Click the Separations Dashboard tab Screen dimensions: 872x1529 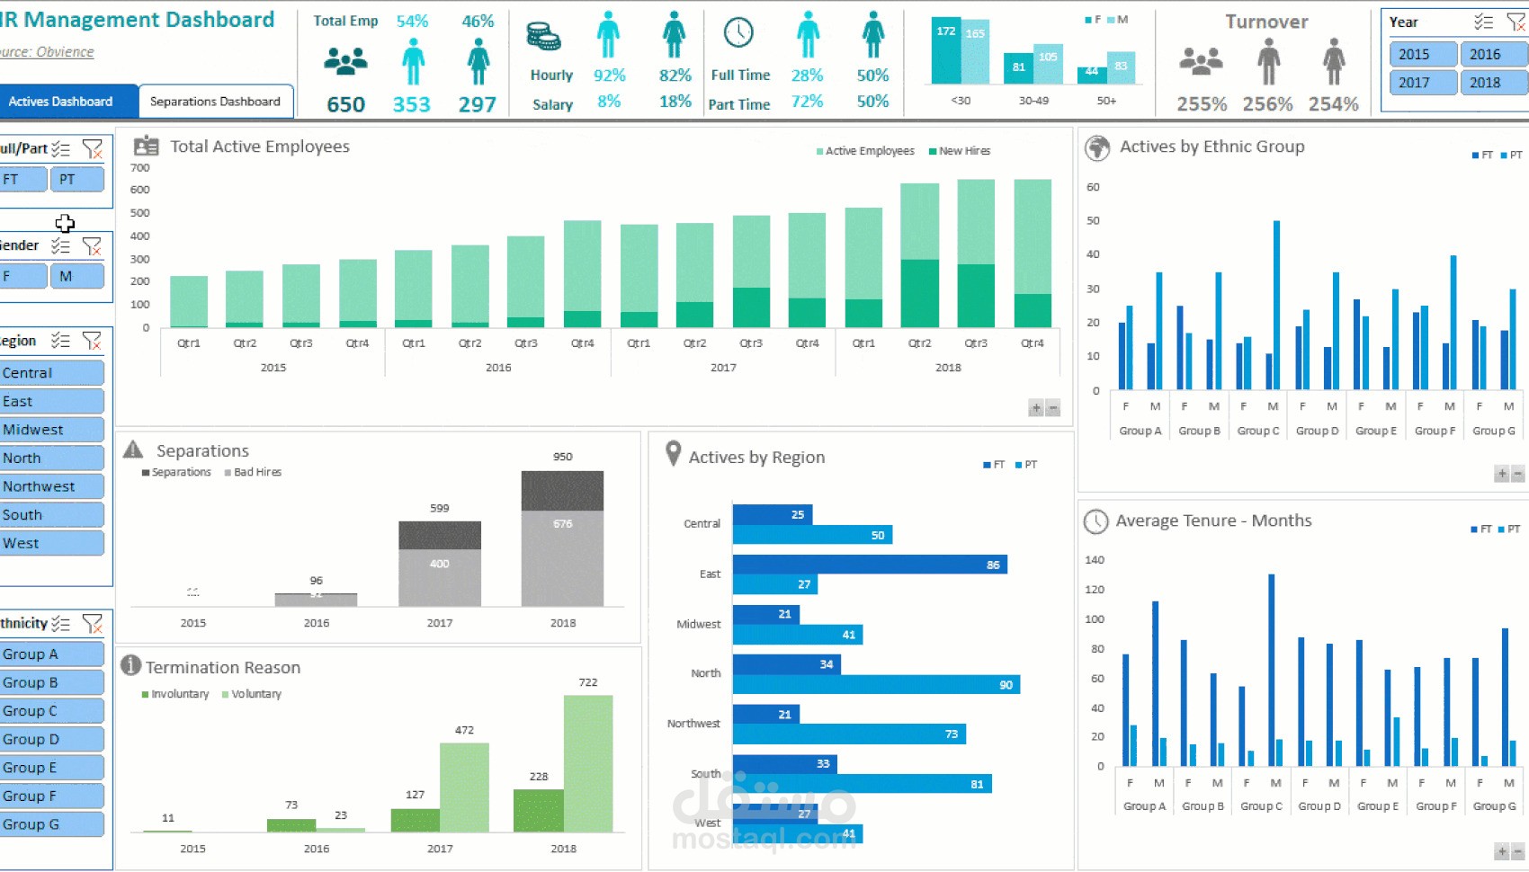(215, 102)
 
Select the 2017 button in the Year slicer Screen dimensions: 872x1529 (1421, 83)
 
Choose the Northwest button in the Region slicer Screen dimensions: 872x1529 (51, 486)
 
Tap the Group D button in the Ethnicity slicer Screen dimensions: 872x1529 (51, 739)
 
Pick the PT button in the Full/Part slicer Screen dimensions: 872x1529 (76, 180)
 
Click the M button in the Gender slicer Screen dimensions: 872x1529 (76, 276)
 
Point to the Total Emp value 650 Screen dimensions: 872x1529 (345, 104)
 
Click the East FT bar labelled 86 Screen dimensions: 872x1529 (869, 565)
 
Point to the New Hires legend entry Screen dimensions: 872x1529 (963, 151)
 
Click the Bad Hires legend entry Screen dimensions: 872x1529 (256, 472)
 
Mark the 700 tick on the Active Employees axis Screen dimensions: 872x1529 (140, 168)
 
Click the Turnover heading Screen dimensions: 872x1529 (1266, 22)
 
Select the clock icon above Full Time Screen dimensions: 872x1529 (738, 33)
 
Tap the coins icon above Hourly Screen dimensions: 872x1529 (543, 37)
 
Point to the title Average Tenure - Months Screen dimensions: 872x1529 (1213, 521)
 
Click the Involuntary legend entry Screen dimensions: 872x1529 (179, 694)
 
